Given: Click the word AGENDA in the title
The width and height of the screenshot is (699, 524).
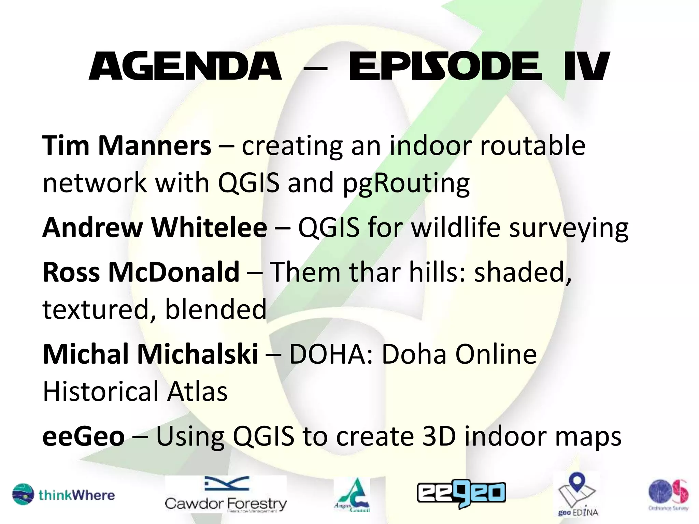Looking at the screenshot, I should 185,67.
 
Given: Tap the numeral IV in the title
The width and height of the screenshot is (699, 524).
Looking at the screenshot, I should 586,67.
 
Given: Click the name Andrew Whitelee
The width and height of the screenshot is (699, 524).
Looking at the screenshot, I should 155,228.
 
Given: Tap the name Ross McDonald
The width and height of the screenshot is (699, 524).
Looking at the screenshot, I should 141,272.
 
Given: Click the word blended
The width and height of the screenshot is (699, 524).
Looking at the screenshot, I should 215,309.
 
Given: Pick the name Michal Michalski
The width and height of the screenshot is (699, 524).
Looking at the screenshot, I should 150,354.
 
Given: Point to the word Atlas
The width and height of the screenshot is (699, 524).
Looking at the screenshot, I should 197,392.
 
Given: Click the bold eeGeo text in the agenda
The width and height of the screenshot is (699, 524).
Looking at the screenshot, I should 84,437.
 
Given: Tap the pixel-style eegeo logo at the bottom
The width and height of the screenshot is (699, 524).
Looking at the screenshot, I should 461,493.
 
